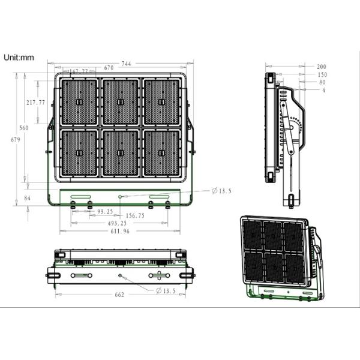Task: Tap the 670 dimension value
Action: (x=109, y=68)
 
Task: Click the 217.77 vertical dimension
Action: (x=36, y=103)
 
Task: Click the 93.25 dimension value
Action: (x=105, y=211)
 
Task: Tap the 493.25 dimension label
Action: (x=116, y=223)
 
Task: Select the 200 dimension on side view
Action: (x=321, y=66)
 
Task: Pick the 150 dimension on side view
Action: (x=322, y=74)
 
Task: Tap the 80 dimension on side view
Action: (x=322, y=82)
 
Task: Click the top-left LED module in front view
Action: (x=79, y=101)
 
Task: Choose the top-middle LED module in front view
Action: (x=121, y=101)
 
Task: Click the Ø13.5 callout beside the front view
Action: (x=221, y=191)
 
